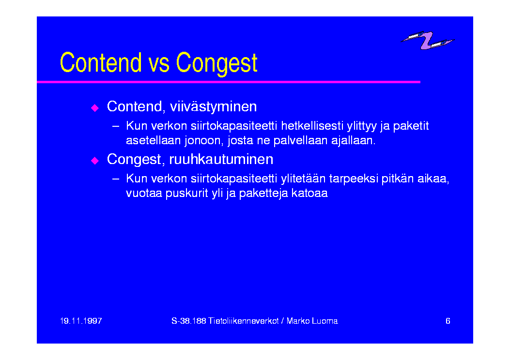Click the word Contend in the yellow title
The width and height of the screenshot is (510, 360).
click(x=101, y=62)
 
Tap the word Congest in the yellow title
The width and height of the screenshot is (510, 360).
click(x=216, y=64)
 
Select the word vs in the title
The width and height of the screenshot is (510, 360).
click(x=159, y=64)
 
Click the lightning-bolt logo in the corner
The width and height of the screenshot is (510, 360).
click(x=428, y=40)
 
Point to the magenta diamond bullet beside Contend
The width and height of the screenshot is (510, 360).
click(x=94, y=107)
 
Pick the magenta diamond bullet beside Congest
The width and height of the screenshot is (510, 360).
click(x=94, y=160)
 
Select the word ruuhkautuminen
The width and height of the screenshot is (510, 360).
click(x=221, y=159)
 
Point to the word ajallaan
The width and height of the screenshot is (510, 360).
click(x=353, y=141)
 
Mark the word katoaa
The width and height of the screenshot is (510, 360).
click(x=309, y=193)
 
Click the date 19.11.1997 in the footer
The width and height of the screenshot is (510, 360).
click(x=81, y=321)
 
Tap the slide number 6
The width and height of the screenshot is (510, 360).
click(x=448, y=321)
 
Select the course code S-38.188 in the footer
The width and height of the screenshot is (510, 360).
click(x=189, y=321)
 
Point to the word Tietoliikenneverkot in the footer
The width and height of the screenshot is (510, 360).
click(x=244, y=321)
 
